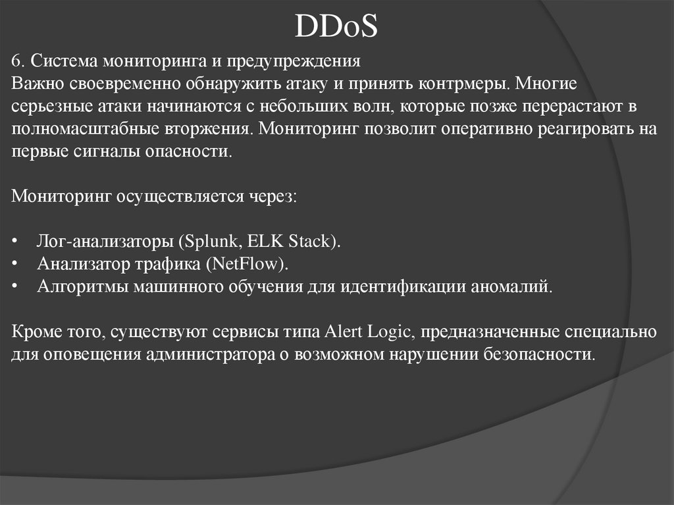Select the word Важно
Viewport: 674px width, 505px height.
coord(35,84)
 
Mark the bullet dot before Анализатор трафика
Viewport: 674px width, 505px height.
coord(15,265)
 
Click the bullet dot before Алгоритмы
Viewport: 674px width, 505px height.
coord(15,288)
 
